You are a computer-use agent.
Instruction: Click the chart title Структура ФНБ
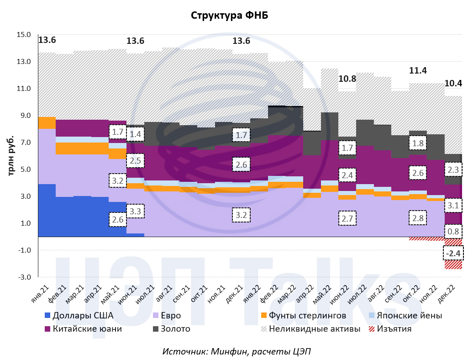coord(229,15)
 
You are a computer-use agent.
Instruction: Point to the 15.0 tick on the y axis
coord(24,35)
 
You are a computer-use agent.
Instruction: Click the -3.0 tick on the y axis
coord(24,277)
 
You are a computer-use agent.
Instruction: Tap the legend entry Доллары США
coord(83,315)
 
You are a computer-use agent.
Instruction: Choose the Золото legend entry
coord(172,328)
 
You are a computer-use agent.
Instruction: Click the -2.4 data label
coord(453,253)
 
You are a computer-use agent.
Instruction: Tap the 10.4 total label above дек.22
coord(453,83)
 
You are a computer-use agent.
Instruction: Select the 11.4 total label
coord(417,70)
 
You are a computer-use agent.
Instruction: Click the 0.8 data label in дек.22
coord(453,232)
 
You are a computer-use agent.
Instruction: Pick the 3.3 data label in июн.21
coord(135,212)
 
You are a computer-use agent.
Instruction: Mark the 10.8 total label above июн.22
coord(347,79)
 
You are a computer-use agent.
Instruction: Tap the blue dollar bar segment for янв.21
coord(47,210)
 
